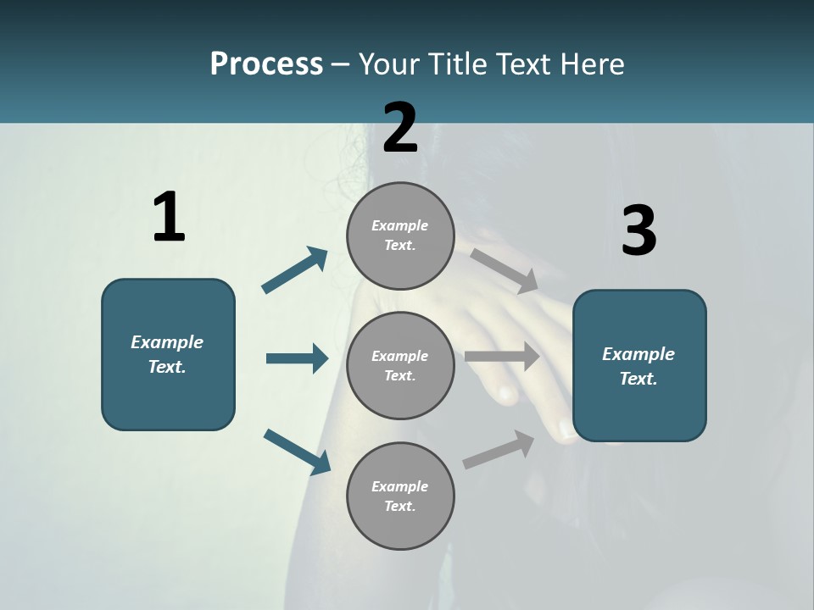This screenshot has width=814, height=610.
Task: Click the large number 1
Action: (x=169, y=218)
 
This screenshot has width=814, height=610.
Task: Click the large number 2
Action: (x=400, y=128)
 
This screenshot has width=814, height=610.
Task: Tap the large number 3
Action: (x=638, y=231)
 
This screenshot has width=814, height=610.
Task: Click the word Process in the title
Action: (x=266, y=64)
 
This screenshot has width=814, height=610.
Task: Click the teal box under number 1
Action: (x=168, y=354)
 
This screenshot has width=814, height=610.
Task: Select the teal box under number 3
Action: (x=639, y=366)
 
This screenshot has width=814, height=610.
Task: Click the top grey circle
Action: (x=400, y=236)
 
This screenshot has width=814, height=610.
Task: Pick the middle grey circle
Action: (x=400, y=366)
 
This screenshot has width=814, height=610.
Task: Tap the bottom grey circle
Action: (x=400, y=496)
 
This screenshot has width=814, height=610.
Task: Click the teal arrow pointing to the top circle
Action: (x=295, y=270)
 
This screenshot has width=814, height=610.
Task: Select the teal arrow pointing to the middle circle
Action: (x=297, y=358)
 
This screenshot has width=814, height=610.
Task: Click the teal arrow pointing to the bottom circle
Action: (x=297, y=451)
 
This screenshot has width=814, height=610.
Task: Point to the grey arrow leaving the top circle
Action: (x=505, y=271)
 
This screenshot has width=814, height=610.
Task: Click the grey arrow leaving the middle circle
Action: (x=502, y=356)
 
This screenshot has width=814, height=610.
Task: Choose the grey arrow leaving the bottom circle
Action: (x=499, y=450)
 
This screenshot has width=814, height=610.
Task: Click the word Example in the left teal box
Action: (x=167, y=342)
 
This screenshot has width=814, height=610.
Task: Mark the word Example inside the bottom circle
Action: (x=400, y=486)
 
